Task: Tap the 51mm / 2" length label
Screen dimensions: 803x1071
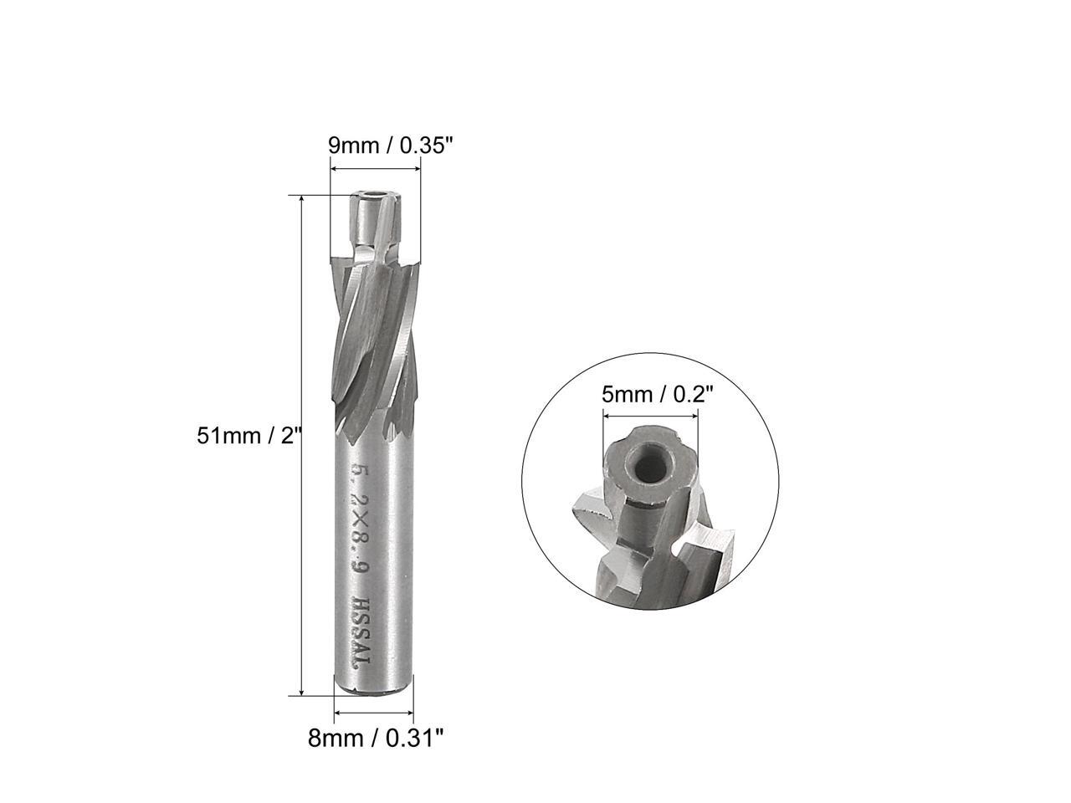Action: pyautogui.click(x=248, y=435)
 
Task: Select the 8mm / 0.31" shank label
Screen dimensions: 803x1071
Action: pyautogui.click(x=375, y=738)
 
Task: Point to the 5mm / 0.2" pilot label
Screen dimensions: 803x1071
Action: pyautogui.click(x=658, y=394)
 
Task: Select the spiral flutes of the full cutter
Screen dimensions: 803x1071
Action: pyautogui.click(x=373, y=335)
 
